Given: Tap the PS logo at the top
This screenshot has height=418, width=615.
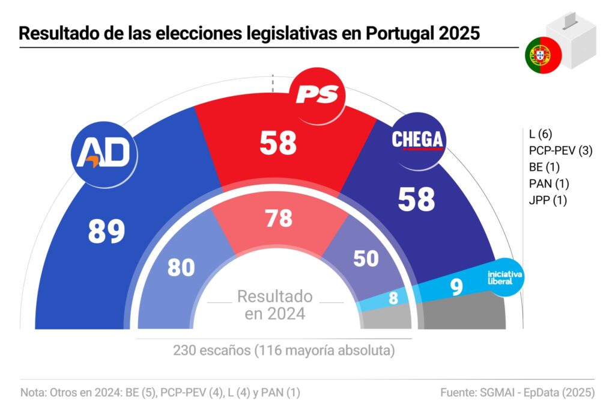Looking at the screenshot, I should pyautogui.click(x=318, y=94).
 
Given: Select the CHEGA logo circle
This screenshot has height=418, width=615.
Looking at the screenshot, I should pyautogui.click(x=417, y=140).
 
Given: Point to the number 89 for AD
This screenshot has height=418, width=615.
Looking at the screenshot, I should pyautogui.click(x=106, y=231).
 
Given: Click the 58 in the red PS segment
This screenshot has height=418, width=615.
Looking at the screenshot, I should pyautogui.click(x=279, y=143).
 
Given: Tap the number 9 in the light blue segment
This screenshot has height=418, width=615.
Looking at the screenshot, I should pyautogui.click(x=456, y=287).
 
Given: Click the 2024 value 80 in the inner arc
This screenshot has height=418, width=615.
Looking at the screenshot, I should pyautogui.click(x=181, y=268).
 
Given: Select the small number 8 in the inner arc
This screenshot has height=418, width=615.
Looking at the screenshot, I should pyautogui.click(x=393, y=298).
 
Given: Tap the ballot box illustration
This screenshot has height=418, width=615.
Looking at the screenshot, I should pyautogui.click(x=571, y=39).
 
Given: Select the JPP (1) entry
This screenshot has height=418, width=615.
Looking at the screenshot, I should pyautogui.click(x=545, y=200).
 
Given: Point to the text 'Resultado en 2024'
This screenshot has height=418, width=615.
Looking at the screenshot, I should pyautogui.click(x=275, y=304).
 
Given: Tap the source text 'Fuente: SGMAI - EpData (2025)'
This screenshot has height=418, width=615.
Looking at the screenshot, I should pyautogui.click(x=517, y=393).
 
